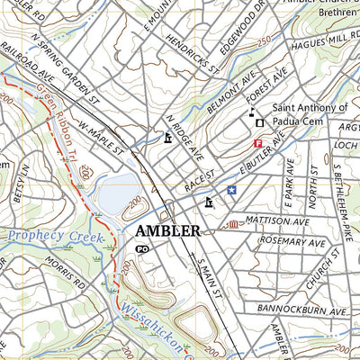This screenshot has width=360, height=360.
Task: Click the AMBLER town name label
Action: point(167,231)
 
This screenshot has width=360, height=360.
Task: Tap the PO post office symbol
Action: point(141,248)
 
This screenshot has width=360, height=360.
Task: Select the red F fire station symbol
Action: point(258,143)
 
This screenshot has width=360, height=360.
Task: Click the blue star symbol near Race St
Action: point(231,190)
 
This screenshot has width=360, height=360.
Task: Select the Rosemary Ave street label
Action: point(292,240)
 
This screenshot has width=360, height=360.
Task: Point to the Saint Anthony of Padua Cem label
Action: point(306,114)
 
